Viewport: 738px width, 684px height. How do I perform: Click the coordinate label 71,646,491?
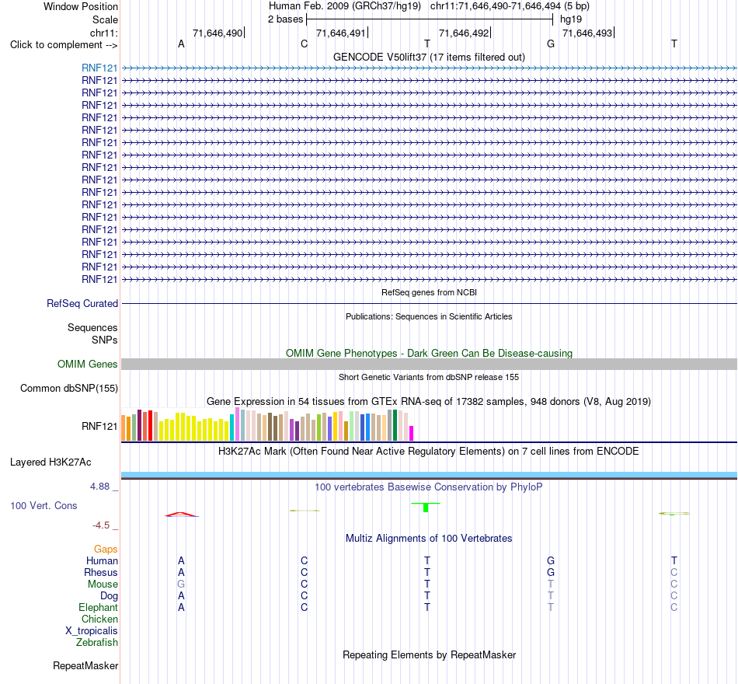point(341,33)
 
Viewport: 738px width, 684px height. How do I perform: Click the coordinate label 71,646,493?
point(587,33)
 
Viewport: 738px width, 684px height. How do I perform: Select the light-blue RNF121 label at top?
point(99,68)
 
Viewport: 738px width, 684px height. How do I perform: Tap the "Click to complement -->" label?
point(64,45)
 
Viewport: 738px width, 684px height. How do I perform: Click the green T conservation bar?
point(426,507)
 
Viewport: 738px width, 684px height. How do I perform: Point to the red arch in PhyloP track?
point(182,515)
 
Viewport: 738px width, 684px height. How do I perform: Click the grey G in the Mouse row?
point(181,585)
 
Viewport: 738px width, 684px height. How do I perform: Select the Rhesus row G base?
point(551,572)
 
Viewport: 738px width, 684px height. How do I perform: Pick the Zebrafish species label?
point(97,643)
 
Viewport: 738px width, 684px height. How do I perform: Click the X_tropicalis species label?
point(92,631)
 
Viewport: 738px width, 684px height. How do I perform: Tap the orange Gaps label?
point(106,550)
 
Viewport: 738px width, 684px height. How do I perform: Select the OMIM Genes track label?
point(88,364)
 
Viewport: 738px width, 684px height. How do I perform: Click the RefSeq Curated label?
point(82,303)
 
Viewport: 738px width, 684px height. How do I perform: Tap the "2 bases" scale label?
point(286,19)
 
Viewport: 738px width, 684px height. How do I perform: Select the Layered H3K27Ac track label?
point(50,462)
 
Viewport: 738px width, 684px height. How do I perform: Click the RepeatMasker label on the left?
point(85,665)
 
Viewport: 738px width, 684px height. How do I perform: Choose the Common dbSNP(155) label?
point(69,388)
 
